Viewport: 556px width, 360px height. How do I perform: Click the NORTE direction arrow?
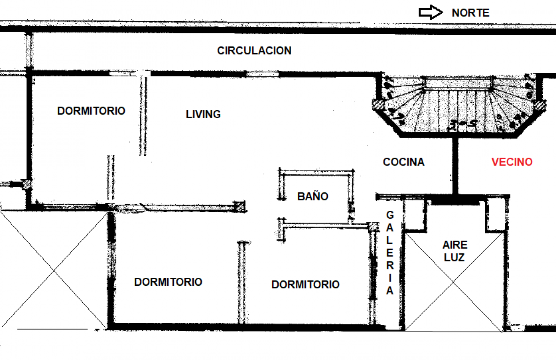[430, 12]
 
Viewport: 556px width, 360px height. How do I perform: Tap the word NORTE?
[470, 13]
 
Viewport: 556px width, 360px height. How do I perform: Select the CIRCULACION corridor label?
[254, 50]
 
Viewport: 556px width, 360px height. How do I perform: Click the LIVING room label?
[203, 114]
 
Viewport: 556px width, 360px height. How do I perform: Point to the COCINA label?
[404, 162]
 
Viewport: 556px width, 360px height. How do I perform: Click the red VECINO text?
[512, 162]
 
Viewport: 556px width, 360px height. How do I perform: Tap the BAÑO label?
[313, 196]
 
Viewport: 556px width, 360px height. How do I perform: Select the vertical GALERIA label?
[390, 253]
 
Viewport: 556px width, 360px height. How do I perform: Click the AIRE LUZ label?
[455, 251]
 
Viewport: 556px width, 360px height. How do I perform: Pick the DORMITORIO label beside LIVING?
[91, 111]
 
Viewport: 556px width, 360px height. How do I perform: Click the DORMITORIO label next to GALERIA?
[305, 285]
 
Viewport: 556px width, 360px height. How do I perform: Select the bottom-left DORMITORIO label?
[168, 282]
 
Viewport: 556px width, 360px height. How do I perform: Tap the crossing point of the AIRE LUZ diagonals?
[454, 282]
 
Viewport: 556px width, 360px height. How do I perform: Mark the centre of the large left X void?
[54, 270]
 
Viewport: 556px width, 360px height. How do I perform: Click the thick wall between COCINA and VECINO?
[455, 166]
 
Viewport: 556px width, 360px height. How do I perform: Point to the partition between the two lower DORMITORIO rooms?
[242, 283]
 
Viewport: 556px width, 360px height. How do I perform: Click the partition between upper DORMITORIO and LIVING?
[143, 116]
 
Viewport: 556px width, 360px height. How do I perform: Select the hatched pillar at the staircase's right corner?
[540, 105]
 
